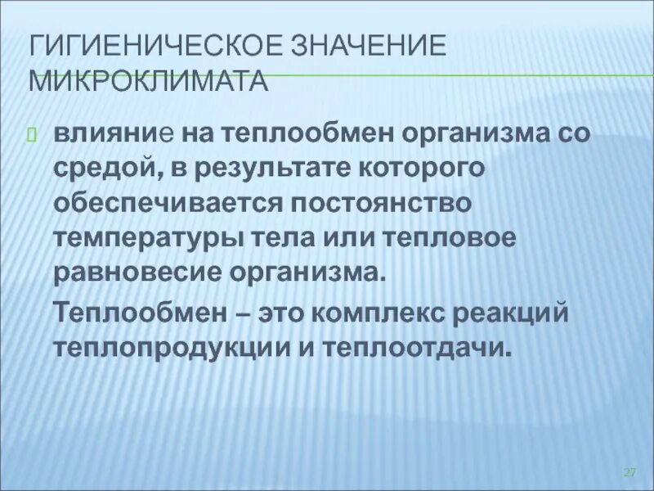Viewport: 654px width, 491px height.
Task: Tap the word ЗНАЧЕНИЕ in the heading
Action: point(367,46)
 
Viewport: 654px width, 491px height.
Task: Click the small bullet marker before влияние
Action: point(34,134)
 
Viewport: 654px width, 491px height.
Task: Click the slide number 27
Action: point(629,473)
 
